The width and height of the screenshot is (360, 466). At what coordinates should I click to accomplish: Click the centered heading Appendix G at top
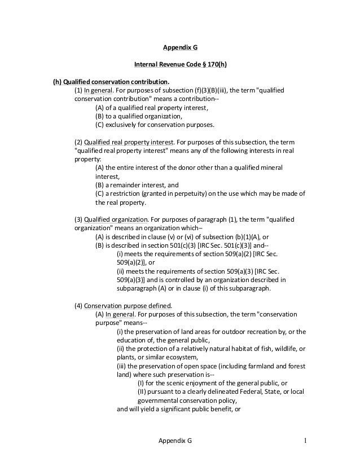tap(180, 49)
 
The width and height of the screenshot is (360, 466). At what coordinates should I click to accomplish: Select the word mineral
tap(270, 168)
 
